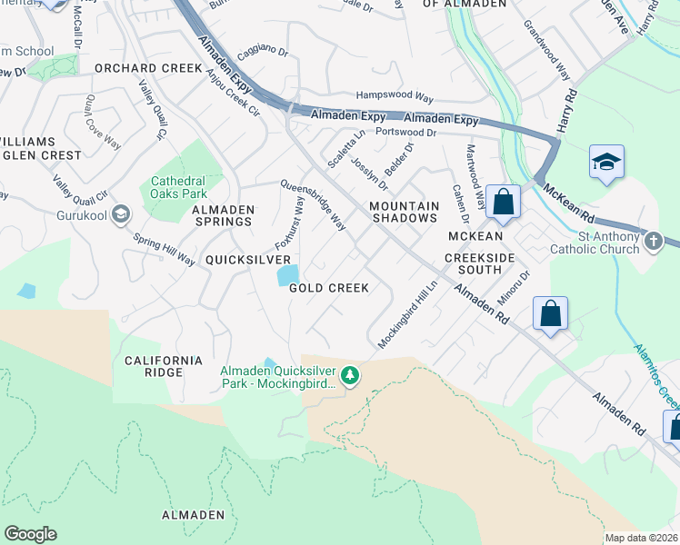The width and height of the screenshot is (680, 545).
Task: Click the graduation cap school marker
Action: [606, 163]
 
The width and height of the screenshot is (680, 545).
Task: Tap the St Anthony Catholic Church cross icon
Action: [652, 242]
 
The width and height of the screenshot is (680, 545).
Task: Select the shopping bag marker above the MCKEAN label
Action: [503, 203]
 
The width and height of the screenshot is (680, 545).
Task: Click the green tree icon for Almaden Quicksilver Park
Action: [349, 374]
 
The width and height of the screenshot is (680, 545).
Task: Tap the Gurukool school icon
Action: [122, 214]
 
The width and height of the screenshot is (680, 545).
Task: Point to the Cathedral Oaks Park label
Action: [179, 187]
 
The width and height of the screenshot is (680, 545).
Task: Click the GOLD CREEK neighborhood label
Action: [328, 288]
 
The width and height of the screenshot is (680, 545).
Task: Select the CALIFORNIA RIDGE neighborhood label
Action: [164, 367]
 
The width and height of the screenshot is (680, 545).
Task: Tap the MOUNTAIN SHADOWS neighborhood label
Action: [404, 213]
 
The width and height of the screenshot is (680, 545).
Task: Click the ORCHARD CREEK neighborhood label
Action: [148, 68]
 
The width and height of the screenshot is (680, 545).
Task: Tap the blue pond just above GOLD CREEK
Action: [287, 273]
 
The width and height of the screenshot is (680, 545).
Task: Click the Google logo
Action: [32, 533]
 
